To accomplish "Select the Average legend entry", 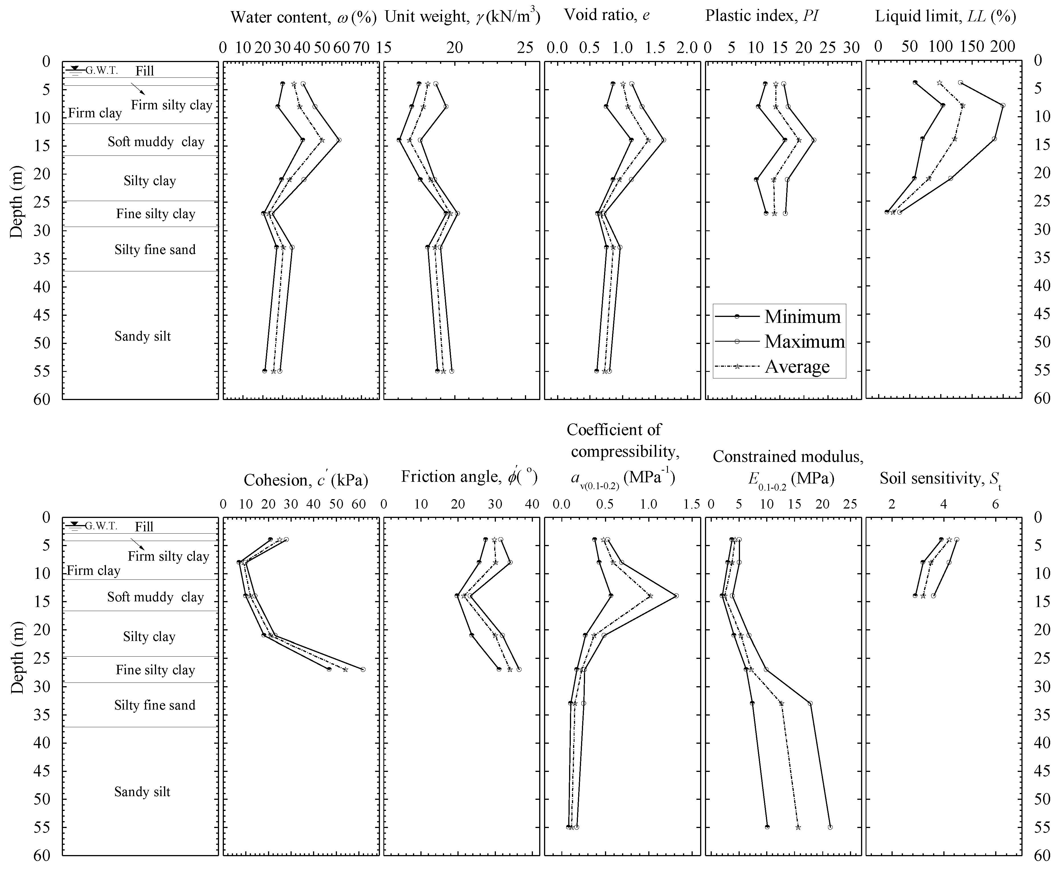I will click(797, 367).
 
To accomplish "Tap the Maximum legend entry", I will click(804, 342).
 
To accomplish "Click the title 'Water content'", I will click(303, 18).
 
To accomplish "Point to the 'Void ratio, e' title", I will click(607, 15).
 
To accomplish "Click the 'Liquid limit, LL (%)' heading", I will click(946, 17).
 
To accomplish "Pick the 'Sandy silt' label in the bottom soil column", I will click(142, 792).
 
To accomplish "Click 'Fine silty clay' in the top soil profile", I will click(156, 214).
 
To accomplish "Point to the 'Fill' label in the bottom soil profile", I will click(144, 527).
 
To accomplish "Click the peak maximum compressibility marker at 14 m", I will click(676, 596).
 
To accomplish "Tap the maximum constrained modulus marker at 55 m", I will click(830, 827).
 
